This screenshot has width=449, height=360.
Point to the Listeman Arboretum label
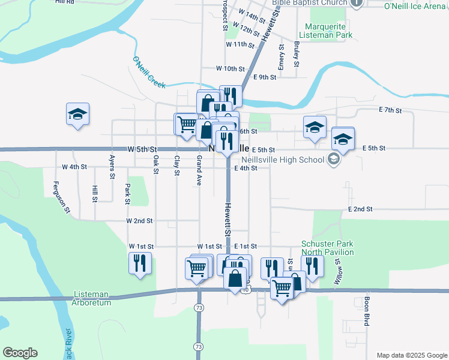pyautogui.click(x=92, y=299)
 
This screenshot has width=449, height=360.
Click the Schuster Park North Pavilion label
pyautogui.click(x=327, y=248)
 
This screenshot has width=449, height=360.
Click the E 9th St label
pyautogui.click(x=265, y=77)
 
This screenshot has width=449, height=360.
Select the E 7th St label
pyautogui.click(x=390, y=110)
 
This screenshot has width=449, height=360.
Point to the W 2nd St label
pyautogui.click(x=139, y=221)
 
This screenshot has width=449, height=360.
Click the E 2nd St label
pyautogui.click(x=360, y=209)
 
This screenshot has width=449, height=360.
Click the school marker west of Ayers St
pyautogui.click(x=77, y=115)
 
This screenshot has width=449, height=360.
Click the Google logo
pyautogui.click(x=20, y=353)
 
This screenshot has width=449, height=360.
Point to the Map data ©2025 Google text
pyautogui.click(x=412, y=355)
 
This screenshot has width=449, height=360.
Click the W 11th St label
pyautogui.click(x=241, y=44)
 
